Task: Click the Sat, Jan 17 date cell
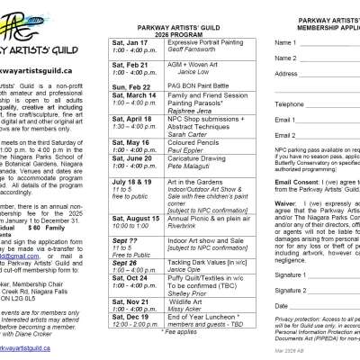click(130, 41)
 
